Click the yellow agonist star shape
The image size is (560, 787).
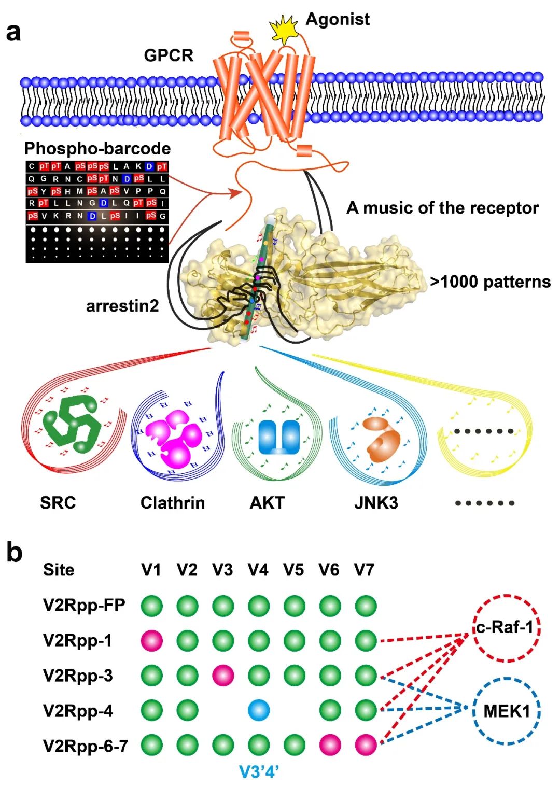[x=284, y=30]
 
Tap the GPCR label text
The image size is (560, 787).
[x=169, y=55]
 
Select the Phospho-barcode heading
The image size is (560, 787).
[x=97, y=149]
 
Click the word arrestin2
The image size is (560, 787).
[x=122, y=306]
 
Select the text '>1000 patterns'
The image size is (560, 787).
[x=490, y=282]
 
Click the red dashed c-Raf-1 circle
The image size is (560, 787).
[x=506, y=627]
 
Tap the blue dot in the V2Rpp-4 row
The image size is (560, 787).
[x=258, y=711]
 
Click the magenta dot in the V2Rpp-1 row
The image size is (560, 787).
[x=152, y=641]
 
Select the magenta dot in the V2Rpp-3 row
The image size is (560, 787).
[x=223, y=676]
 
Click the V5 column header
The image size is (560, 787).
[x=293, y=570]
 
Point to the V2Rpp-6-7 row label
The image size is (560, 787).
[x=86, y=746]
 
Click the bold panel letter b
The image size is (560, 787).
[x=15, y=553]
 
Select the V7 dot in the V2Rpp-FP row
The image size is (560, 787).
[x=366, y=606]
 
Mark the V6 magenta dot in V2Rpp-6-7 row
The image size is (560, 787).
[x=330, y=746]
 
